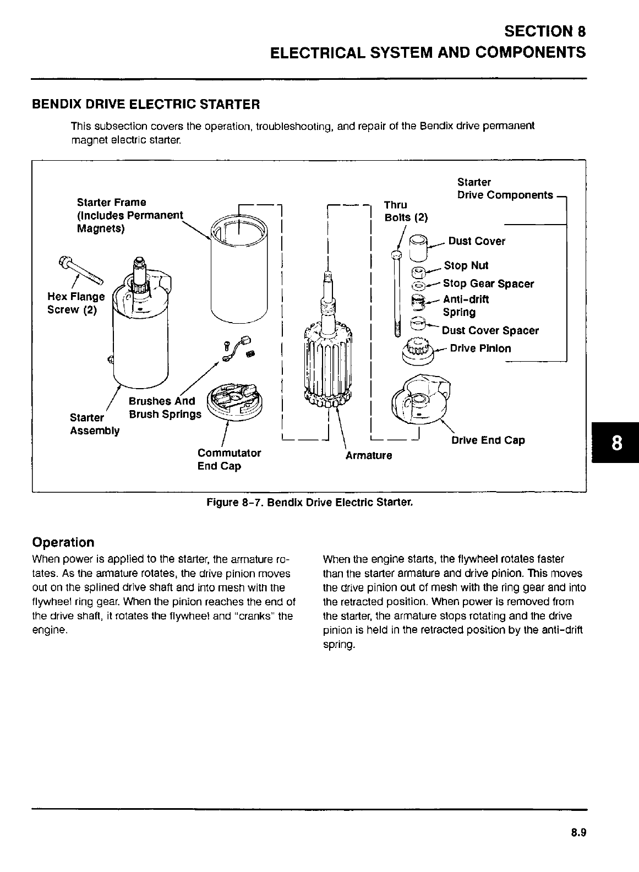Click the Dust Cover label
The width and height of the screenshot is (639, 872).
coord(477,241)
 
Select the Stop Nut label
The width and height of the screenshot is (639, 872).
coord(466,266)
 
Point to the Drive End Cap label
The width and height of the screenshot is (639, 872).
coord(488,440)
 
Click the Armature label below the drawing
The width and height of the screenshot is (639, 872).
coord(369,456)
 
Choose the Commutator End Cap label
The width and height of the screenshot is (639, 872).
coord(228,460)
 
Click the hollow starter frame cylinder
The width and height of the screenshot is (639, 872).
coord(239,270)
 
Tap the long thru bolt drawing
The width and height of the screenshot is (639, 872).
coord(397,292)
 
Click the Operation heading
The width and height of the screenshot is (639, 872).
coord(63,542)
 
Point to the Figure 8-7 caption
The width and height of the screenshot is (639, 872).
coord(309,503)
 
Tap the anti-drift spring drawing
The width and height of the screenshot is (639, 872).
coord(420,302)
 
